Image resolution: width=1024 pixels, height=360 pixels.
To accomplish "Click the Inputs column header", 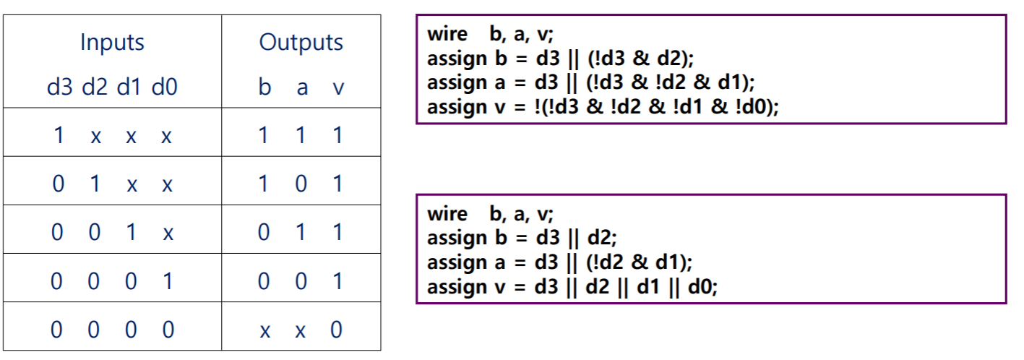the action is pyautogui.click(x=112, y=43).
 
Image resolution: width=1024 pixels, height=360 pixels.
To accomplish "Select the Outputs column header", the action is pyautogui.click(x=301, y=43).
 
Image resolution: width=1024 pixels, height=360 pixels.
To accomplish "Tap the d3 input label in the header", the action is pyautogui.click(x=60, y=88).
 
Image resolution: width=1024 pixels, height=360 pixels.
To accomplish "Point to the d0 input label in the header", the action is pyautogui.click(x=165, y=88).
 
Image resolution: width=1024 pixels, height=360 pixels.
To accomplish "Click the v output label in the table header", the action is pyautogui.click(x=337, y=88).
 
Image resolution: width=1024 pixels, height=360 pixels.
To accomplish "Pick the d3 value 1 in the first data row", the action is pyautogui.click(x=59, y=135).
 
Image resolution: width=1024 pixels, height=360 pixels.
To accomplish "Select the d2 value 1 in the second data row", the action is pyautogui.click(x=95, y=184).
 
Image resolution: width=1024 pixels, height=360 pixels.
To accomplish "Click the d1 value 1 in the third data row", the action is pyautogui.click(x=131, y=232).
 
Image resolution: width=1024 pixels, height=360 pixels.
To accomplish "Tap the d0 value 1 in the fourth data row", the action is pyautogui.click(x=167, y=280).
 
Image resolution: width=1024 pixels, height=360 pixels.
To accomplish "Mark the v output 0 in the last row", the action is pyautogui.click(x=337, y=330).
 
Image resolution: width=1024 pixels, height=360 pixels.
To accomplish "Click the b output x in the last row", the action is pyautogui.click(x=264, y=330).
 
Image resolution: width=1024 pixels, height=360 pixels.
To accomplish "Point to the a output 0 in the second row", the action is pyautogui.click(x=301, y=184).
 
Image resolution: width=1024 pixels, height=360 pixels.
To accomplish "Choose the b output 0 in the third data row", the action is pyautogui.click(x=264, y=232).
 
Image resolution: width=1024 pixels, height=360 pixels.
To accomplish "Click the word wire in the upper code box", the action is pyautogui.click(x=447, y=33).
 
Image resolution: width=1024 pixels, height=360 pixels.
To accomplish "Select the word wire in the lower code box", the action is pyautogui.click(x=447, y=213).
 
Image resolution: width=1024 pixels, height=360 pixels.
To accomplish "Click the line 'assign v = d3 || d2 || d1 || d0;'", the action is pyautogui.click(x=572, y=287).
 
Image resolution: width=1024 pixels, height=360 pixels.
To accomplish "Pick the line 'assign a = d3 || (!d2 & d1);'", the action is pyautogui.click(x=560, y=262).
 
